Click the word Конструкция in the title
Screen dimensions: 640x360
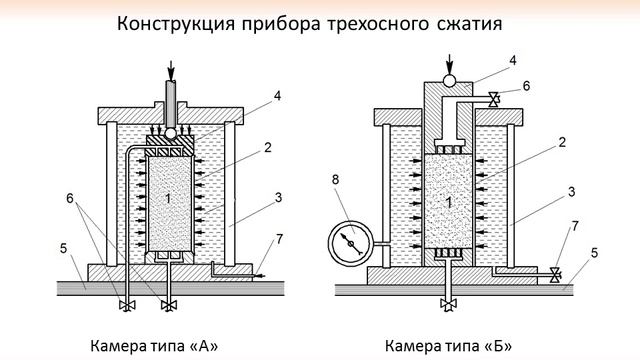(x=176, y=24)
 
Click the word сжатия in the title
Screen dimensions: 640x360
(x=469, y=24)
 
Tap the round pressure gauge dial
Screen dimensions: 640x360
(x=351, y=243)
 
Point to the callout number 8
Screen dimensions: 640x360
(x=336, y=180)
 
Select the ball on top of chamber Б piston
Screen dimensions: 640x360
(x=449, y=80)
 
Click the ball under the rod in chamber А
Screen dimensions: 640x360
(x=171, y=133)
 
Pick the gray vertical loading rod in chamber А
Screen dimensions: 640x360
(x=171, y=104)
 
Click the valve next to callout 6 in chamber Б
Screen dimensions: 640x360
(x=494, y=99)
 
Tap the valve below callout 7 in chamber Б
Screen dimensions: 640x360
(x=555, y=275)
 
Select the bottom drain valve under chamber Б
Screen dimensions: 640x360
(x=448, y=304)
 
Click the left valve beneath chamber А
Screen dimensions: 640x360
(x=127, y=305)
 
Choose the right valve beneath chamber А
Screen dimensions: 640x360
(x=169, y=305)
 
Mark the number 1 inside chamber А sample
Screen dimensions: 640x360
(x=168, y=198)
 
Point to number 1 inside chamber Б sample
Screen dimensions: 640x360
(x=449, y=202)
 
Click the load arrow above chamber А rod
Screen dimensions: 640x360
(x=171, y=71)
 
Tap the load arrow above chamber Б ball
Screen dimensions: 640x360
(x=449, y=64)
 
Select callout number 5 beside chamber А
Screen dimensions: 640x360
(x=63, y=248)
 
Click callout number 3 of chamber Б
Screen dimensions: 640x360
(x=571, y=192)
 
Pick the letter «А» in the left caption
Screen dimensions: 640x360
(x=204, y=346)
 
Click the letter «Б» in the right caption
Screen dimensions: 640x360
(x=497, y=346)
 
